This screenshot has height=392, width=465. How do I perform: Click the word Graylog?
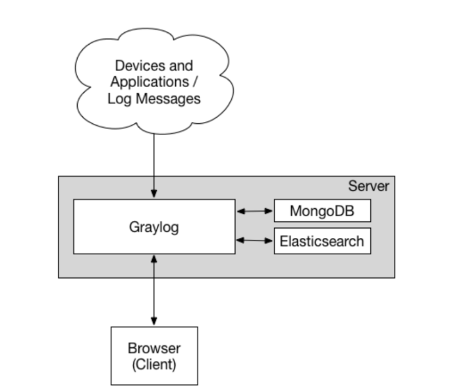pos(153,227)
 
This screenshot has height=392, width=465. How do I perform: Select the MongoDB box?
pos(322,211)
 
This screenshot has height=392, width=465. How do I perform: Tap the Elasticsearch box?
pos(322,241)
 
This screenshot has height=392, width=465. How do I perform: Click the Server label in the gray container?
pos(368,186)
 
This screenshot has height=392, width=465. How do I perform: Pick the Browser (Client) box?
pos(153,355)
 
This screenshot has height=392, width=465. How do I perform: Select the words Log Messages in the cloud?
pos(153,99)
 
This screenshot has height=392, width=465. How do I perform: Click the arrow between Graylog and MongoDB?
pos(254,211)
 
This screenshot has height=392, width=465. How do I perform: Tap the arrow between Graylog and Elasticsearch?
pos(254,241)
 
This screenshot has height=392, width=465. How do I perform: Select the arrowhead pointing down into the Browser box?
pos(153,322)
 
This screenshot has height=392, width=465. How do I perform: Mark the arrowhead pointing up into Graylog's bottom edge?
pos(153,258)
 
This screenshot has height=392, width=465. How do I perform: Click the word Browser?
pos(153,348)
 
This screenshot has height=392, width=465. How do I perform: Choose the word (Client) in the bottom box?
pos(153,364)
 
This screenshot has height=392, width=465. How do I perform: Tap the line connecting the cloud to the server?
pos(153,155)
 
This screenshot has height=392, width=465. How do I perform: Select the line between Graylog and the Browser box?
pos(153,290)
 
